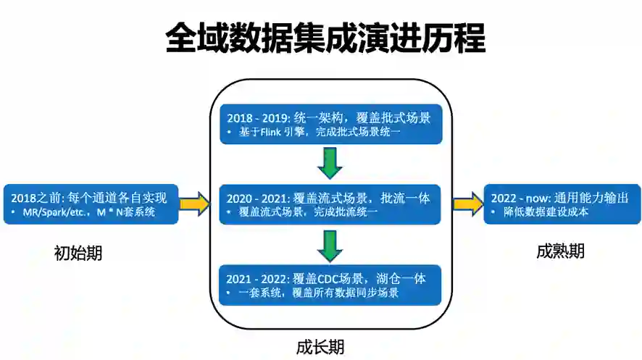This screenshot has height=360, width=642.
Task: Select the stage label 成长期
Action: click(320, 346)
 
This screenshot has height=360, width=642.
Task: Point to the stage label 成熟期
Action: click(560, 251)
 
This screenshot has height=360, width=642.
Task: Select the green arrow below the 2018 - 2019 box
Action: click(330, 163)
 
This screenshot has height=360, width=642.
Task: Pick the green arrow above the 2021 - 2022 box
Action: click(330, 246)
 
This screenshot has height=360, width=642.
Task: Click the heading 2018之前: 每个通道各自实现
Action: click(89, 197)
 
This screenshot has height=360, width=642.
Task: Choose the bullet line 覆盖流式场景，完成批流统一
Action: click(308, 213)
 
